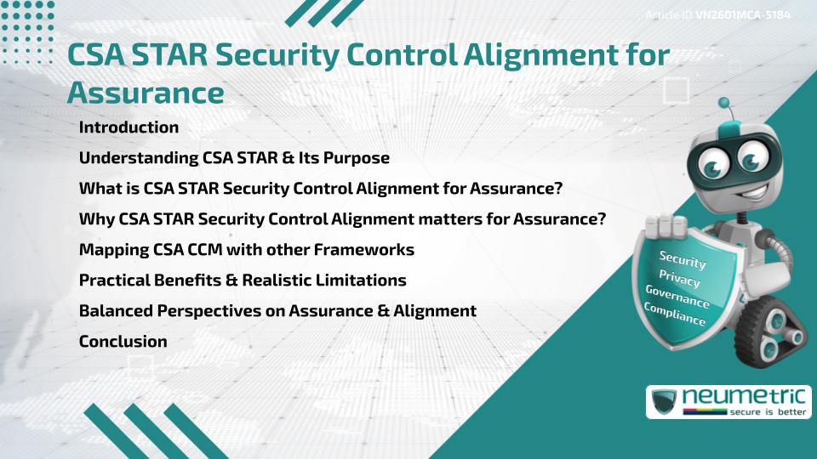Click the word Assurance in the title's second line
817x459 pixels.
(146, 93)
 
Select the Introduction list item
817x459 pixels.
(129, 127)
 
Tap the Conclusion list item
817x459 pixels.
(123, 342)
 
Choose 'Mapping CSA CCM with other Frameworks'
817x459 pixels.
(246, 250)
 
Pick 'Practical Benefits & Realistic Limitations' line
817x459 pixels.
(243, 280)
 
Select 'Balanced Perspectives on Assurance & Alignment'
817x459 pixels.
(277, 311)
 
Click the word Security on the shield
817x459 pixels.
(683, 258)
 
